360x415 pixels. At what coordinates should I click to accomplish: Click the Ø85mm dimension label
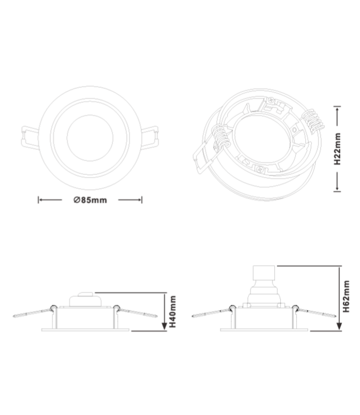pyautogui.click(x=89, y=200)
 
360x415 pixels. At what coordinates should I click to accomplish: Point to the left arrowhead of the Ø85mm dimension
pyautogui.click(x=39, y=200)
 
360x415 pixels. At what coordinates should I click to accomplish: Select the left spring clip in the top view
pyautogui.click(x=28, y=134)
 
